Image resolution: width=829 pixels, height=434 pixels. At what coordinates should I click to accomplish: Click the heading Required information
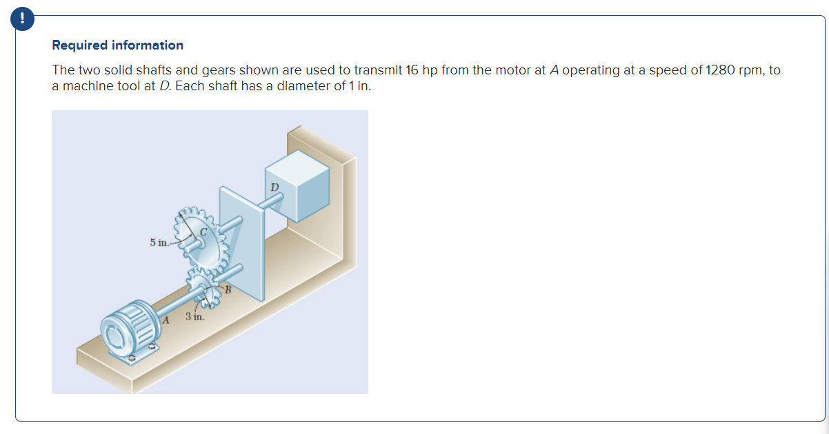(118, 45)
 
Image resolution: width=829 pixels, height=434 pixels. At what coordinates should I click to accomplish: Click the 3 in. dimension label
(194, 317)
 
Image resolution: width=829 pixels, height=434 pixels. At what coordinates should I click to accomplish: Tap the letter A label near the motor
(166, 320)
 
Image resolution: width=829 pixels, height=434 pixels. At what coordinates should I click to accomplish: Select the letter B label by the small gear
(224, 290)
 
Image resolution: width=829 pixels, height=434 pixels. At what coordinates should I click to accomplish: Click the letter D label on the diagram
(274, 187)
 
